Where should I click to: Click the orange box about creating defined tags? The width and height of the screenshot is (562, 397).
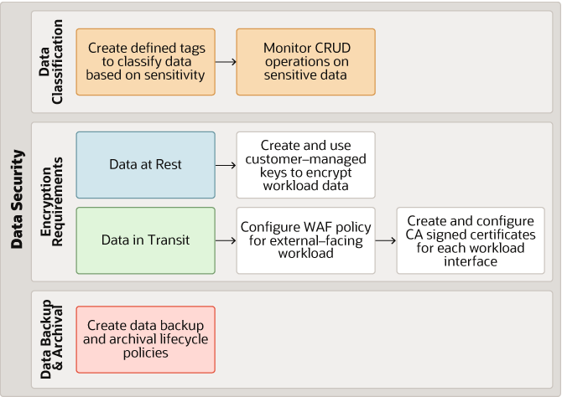click(145, 62)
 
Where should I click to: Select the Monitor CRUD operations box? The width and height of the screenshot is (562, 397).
click(305, 62)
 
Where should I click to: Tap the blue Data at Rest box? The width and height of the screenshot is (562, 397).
click(145, 165)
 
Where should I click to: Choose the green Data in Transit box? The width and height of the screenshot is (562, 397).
click(145, 240)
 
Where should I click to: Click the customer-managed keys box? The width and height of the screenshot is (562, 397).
click(305, 165)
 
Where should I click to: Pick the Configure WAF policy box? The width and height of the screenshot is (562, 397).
click(305, 240)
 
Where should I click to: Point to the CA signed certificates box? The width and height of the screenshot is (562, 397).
click(465, 240)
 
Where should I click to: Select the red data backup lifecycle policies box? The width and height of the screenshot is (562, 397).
click(145, 339)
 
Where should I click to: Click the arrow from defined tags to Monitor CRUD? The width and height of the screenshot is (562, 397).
click(225, 62)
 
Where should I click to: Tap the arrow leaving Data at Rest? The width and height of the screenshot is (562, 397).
click(225, 165)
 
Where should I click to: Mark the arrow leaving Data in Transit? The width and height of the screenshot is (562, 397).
click(225, 240)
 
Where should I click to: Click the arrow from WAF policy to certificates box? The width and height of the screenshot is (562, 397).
click(385, 240)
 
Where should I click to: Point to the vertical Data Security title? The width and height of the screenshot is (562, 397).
click(17, 198)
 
